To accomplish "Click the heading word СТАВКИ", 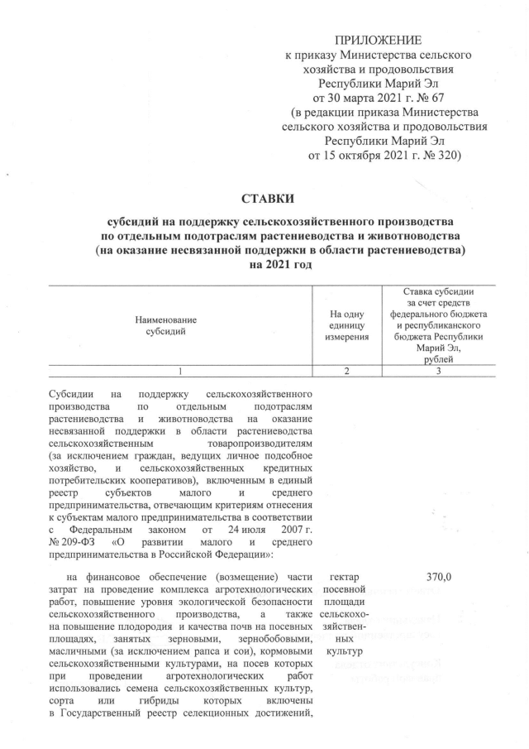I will [266, 199].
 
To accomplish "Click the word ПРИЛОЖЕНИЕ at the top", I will [378, 40].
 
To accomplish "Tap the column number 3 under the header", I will [439, 371].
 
